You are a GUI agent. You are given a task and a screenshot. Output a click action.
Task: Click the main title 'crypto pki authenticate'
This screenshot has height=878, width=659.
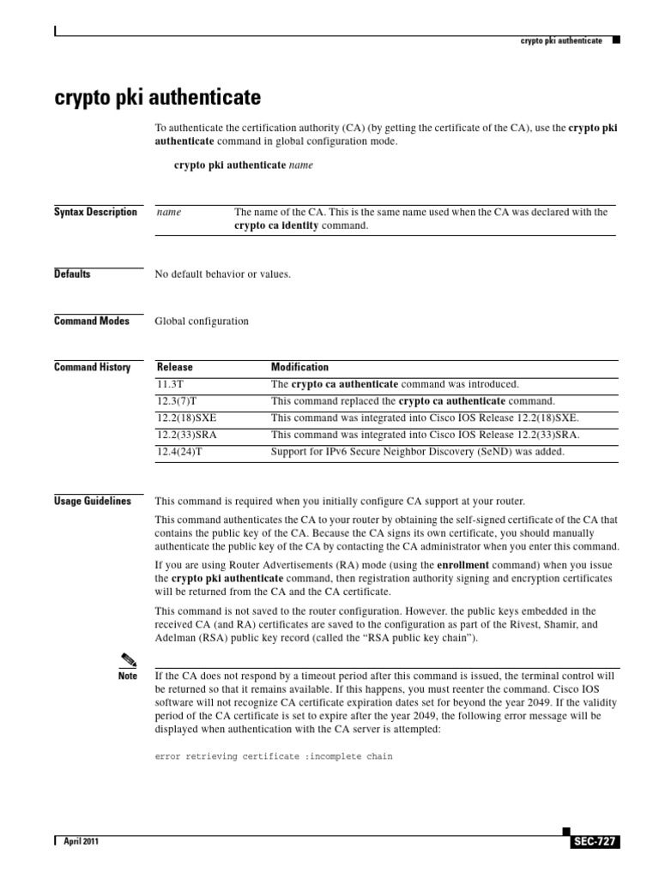point(157,95)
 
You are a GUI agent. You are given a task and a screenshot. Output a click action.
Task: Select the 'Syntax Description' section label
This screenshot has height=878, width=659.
point(95,212)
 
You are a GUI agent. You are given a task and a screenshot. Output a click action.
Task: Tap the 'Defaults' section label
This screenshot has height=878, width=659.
point(72,274)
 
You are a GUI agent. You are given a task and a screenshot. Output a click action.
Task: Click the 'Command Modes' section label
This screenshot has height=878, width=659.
point(92,321)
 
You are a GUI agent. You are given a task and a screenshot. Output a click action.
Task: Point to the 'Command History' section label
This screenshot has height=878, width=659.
point(92,368)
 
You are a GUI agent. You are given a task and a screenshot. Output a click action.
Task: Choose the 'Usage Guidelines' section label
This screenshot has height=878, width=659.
point(93,501)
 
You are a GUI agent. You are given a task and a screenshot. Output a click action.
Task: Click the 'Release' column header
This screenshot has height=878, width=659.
point(174,367)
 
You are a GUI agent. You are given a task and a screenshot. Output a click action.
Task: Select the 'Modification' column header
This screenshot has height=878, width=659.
point(299,367)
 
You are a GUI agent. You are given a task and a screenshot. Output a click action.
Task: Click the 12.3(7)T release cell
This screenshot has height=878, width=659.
point(176,401)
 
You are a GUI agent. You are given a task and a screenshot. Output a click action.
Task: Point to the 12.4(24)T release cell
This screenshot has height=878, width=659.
point(178,451)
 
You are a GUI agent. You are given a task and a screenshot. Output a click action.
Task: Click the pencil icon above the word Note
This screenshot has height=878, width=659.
point(128,659)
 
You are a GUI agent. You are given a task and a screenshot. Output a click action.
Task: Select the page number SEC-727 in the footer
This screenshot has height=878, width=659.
point(593,842)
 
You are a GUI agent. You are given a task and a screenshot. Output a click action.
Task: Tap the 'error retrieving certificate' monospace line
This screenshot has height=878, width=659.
point(274,758)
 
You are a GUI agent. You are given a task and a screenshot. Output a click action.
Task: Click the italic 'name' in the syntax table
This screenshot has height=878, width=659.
point(169,213)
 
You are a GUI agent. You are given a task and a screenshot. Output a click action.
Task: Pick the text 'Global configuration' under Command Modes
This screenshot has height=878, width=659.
point(202,322)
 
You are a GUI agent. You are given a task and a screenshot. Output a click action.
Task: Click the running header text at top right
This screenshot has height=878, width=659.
point(561,40)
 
